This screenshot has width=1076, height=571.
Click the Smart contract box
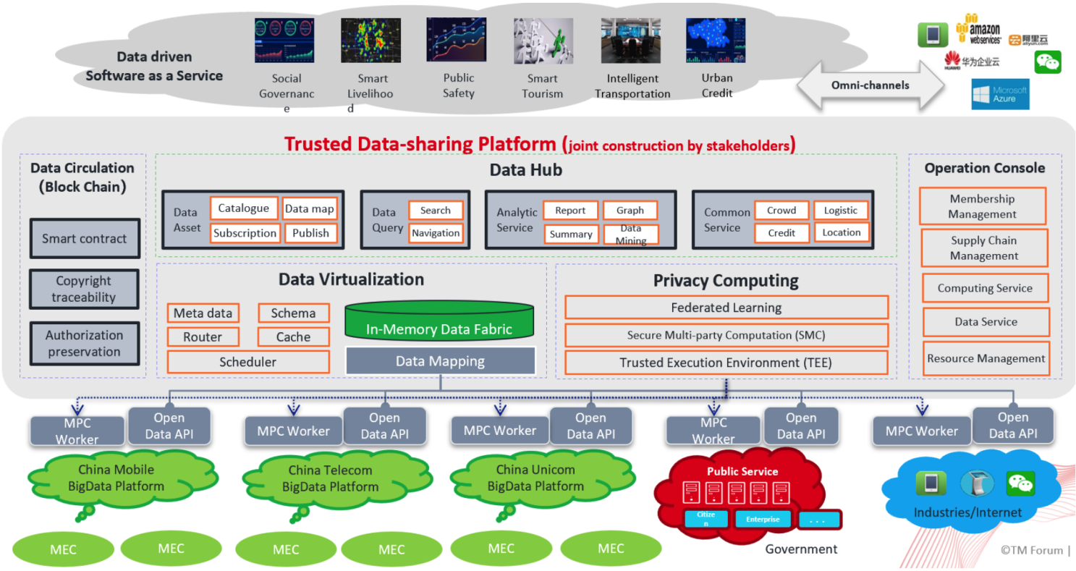coord(85,239)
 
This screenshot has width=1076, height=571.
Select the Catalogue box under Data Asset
coord(244,208)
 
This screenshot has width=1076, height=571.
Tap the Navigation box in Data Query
coord(436,233)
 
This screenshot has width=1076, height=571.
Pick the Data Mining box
coord(631,234)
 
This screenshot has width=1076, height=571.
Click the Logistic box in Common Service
coord(840,211)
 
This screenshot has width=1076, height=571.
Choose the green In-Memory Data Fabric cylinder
coord(439,323)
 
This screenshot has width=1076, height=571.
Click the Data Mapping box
coord(440,361)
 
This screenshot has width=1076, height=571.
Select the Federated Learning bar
coord(726,308)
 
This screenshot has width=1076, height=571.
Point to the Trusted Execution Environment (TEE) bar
coord(726,363)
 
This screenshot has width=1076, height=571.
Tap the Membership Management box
coord(982,206)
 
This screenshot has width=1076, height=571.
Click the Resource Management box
coord(986,358)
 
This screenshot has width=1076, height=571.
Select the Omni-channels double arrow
coord(870,85)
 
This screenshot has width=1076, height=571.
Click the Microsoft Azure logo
coord(1000,94)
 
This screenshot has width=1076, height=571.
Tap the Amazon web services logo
coord(978,30)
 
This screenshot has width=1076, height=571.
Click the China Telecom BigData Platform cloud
coord(330,479)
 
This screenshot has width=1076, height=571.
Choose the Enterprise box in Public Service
coord(763,519)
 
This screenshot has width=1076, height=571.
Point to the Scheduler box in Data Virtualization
coord(248,362)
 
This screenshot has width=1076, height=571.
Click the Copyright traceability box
coord(85,289)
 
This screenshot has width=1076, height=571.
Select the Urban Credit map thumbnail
coord(716,41)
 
